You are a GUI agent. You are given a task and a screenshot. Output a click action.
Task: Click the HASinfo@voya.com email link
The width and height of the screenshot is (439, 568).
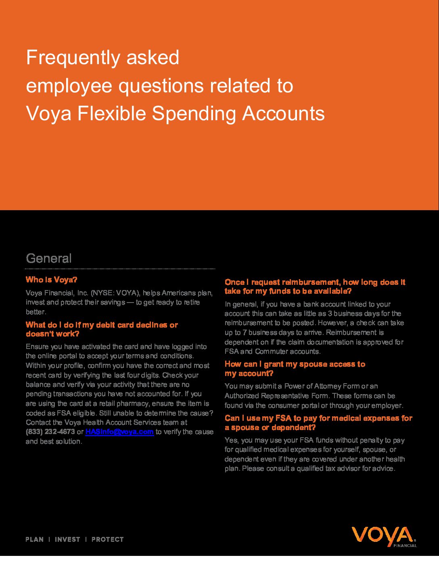point(119,432)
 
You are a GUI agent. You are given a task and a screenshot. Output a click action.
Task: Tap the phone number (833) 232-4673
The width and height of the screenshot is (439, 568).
point(50,432)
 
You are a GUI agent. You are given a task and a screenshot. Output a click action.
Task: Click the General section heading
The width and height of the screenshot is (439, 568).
point(49,258)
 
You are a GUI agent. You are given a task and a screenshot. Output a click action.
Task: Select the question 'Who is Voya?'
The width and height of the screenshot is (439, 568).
point(51,280)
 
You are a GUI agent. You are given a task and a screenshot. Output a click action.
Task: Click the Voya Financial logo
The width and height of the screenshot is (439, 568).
point(384,537)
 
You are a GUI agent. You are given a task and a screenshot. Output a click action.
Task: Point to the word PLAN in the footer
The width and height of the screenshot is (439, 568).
point(35,539)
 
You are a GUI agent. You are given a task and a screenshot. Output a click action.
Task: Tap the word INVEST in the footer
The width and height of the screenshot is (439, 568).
point(67,539)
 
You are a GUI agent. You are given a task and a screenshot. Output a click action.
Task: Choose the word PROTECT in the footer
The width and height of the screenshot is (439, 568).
point(108,539)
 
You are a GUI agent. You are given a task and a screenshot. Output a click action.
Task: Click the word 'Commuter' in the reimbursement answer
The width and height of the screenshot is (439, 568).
point(270,351)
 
